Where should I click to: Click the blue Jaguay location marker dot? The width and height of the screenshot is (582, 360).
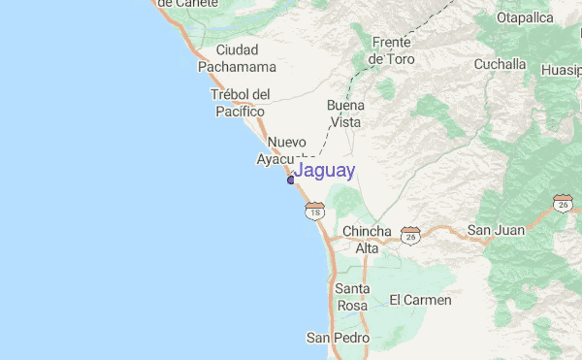pyautogui.click(x=290, y=180)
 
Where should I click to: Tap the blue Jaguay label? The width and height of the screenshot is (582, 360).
pyautogui.click(x=324, y=171)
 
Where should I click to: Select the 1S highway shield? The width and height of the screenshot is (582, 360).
pyautogui.click(x=313, y=211)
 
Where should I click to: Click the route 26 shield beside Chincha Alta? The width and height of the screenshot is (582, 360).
pyautogui.click(x=412, y=235)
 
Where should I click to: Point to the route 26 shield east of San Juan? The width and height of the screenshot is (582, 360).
pyautogui.click(x=564, y=204)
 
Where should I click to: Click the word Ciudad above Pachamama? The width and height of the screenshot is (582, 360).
pyautogui.click(x=238, y=49)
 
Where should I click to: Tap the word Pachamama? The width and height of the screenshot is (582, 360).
pyautogui.click(x=238, y=67)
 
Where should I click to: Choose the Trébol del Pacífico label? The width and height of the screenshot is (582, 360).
pyautogui.click(x=238, y=103)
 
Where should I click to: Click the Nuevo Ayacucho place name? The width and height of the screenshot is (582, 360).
pyautogui.click(x=287, y=149)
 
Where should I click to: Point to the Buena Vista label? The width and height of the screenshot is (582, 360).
pyautogui.click(x=344, y=114)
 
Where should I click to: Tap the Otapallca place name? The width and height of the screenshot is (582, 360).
pyautogui.click(x=524, y=17)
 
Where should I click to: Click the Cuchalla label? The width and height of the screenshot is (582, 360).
pyautogui.click(x=500, y=64)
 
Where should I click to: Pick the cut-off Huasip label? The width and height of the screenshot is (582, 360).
pyautogui.click(x=561, y=70)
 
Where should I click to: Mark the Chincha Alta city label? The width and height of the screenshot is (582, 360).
pyautogui.click(x=367, y=240)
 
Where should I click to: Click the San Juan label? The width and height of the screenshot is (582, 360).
pyautogui.click(x=495, y=230)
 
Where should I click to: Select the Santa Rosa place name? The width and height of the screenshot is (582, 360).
pyautogui.click(x=351, y=297)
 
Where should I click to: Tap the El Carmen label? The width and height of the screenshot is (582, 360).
pyautogui.click(x=420, y=300)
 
